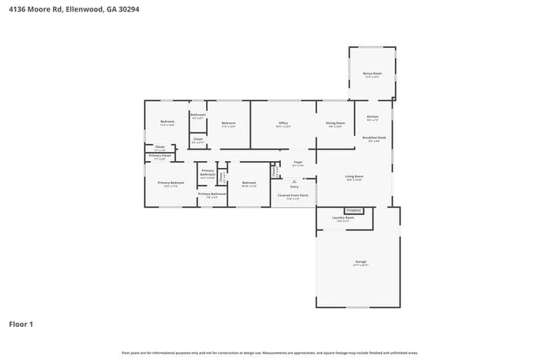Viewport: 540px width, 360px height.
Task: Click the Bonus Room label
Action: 372,73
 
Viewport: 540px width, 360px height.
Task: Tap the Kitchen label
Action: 373,116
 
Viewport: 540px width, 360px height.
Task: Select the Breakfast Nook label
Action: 374,137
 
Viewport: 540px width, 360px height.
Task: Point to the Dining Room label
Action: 335,123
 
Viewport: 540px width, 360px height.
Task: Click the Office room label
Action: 283,123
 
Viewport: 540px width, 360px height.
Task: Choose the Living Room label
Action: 354,177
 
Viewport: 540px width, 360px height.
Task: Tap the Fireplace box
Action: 354,210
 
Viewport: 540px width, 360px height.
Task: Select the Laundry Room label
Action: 343,217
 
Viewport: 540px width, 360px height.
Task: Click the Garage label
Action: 360,261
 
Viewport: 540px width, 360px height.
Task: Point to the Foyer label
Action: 298,162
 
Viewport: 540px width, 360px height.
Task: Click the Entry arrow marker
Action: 294,181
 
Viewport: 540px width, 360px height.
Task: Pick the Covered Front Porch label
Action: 293,195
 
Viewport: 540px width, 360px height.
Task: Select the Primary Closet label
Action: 160,156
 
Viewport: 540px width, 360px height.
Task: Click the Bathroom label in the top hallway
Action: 197,114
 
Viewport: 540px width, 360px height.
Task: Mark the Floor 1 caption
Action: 21,324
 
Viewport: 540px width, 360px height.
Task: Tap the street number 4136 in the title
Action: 17,8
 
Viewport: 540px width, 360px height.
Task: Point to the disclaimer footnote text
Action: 269,352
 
